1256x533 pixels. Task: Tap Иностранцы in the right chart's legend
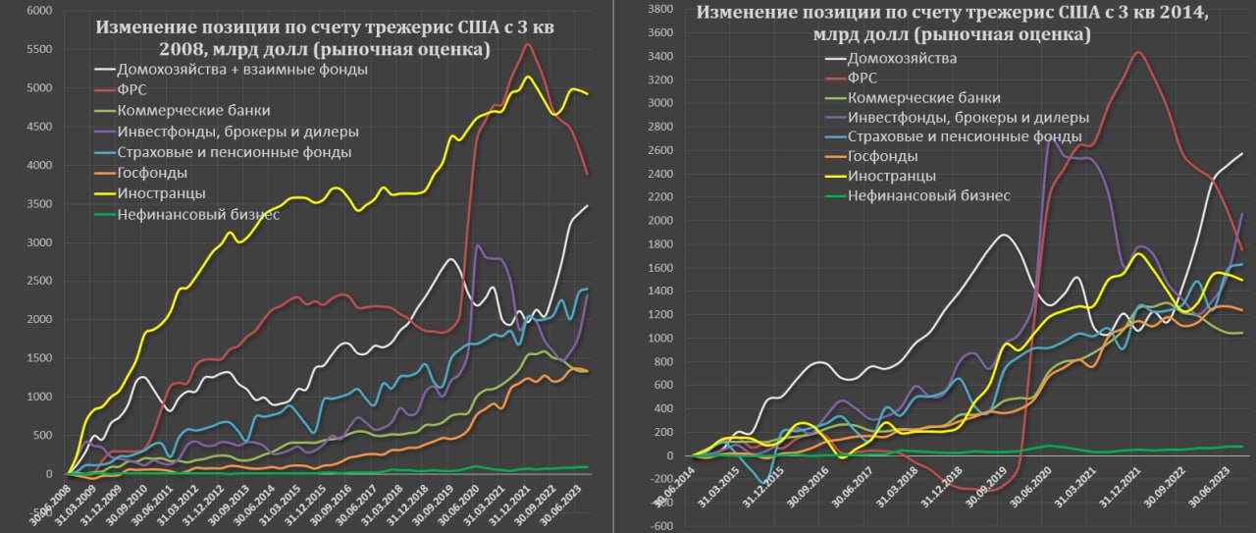[891, 176]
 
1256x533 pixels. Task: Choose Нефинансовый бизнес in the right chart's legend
[927, 195]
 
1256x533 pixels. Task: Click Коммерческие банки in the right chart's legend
[923, 97]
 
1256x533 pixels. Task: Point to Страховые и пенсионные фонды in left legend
[234, 152]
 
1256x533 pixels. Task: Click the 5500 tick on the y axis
[41, 48]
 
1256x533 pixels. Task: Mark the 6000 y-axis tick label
[41, 10]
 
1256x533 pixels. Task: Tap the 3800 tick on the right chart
[658, 9]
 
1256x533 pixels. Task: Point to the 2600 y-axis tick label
[658, 150]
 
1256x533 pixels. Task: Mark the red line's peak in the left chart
[528, 44]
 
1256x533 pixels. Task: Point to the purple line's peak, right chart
[1052, 139]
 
